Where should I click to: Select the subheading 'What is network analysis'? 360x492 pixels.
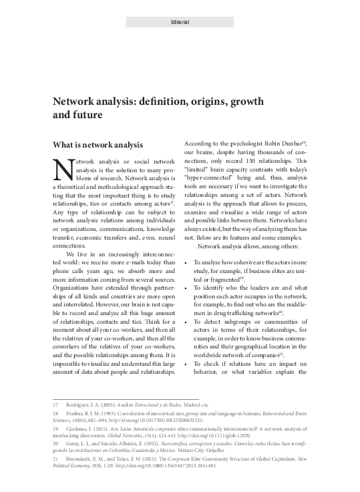pos(92,144)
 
